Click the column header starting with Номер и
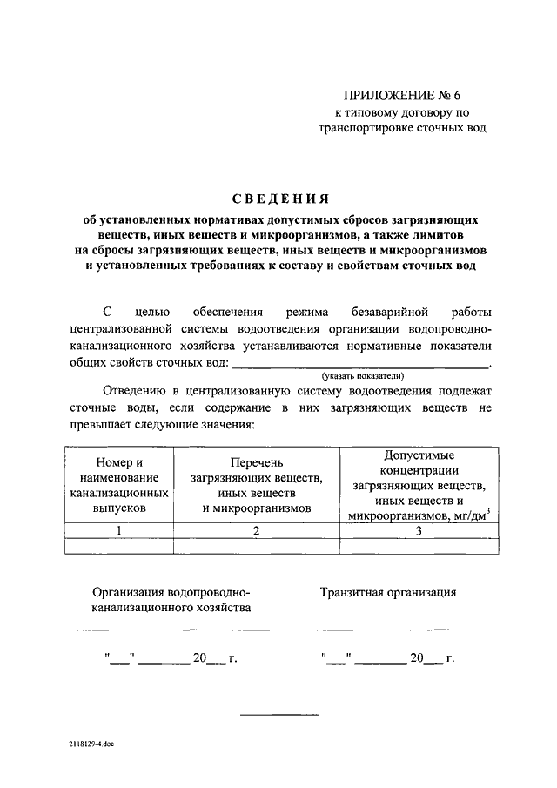click(117, 484)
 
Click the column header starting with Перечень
click(256, 484)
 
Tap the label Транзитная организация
click(388, 592)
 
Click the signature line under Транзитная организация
click(388, 628)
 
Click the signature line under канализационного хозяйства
click(171, 628)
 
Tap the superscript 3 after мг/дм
click(488, 510)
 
